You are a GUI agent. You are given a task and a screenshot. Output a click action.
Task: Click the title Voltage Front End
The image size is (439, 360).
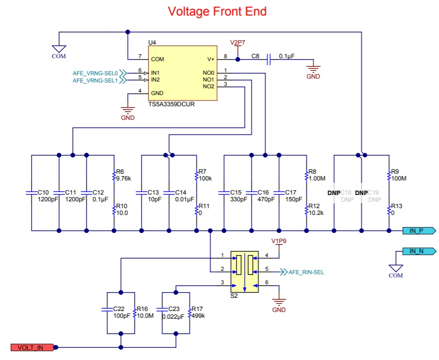coord(217,12)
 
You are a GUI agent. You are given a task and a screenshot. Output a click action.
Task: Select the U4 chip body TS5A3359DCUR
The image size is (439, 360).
coord(183,73)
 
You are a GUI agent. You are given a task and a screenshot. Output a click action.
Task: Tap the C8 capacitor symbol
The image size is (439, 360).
coord(269,60)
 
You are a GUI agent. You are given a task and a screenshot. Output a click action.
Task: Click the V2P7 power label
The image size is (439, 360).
coord(237,43)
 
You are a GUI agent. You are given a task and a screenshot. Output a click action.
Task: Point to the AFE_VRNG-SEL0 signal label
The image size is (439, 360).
coord(95,73)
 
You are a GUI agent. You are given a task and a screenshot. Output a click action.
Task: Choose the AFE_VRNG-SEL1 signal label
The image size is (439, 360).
coord(95,81)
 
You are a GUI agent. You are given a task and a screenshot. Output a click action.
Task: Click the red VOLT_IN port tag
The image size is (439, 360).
coord(32,347)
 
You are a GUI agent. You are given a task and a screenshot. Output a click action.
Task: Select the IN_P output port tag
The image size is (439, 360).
coord(419,231)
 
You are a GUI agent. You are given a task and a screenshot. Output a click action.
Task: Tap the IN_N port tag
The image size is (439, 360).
coord(419,251)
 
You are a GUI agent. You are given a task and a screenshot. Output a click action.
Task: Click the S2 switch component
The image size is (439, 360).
coord(244,272)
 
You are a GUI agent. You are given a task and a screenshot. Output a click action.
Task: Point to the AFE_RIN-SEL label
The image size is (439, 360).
coord(306,272)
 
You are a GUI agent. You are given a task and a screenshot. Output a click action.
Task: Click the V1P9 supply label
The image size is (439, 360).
coord(279,241)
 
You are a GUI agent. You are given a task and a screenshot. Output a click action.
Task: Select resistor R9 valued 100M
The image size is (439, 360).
coord(389,176)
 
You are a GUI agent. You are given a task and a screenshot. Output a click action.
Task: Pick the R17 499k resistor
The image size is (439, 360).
coord(190,313)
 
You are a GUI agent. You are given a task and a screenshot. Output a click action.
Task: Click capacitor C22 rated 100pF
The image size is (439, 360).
coord(107,310)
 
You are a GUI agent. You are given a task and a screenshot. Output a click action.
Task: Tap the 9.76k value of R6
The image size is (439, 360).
coord(123,179)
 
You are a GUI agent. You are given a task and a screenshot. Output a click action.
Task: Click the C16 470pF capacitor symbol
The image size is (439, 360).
coord(252,193)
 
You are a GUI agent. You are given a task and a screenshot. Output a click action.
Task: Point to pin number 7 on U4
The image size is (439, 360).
coord(140,56)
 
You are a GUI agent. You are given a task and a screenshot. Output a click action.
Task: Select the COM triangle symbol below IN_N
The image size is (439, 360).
coord(396,268)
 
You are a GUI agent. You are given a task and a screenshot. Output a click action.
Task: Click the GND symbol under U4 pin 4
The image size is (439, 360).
coord(128,110)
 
